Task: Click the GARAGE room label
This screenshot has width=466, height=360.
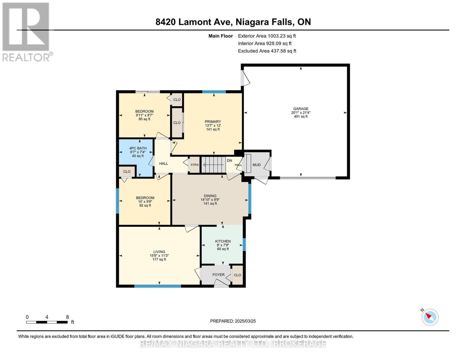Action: tap(301, 109)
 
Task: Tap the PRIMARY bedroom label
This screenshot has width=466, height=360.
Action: tap(213, 122)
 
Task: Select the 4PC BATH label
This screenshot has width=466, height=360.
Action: tap(138, 148)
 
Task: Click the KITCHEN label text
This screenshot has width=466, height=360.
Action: tap(223, 241)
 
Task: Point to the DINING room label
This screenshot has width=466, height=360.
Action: tap(210, 196)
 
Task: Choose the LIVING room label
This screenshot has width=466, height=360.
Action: tap(159, 252)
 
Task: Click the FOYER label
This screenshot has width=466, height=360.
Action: tap(218, 275)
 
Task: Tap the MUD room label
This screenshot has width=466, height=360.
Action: tap(257, 165)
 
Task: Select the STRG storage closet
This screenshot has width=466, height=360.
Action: tap(194, 165)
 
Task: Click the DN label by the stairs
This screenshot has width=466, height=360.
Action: tap(229, 161)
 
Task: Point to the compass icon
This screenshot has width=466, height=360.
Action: tap(430, 317)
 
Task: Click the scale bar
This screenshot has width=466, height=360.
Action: tap(47, 322)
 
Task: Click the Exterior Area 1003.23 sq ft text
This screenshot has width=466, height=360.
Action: tap(267, 36)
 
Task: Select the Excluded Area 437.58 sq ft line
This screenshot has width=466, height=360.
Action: tap(267, 51)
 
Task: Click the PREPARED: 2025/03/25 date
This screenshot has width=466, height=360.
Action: tap(233, 321)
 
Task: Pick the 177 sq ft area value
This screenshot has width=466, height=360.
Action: tap(159, 259)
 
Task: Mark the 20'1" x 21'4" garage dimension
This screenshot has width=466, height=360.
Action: tap(301, 113)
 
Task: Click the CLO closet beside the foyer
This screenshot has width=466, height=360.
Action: tap(237, 275)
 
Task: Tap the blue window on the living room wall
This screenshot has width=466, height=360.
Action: tap(158, 286)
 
